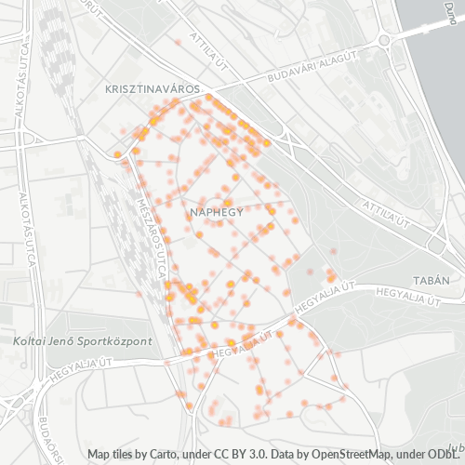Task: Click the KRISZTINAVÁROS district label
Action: point(148,87)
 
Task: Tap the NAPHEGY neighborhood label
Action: point(216,212)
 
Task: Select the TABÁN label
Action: point(432,280)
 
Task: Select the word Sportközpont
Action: point(114,341)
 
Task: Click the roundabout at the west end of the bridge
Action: point(383,41)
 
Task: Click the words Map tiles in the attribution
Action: point(110,454)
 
